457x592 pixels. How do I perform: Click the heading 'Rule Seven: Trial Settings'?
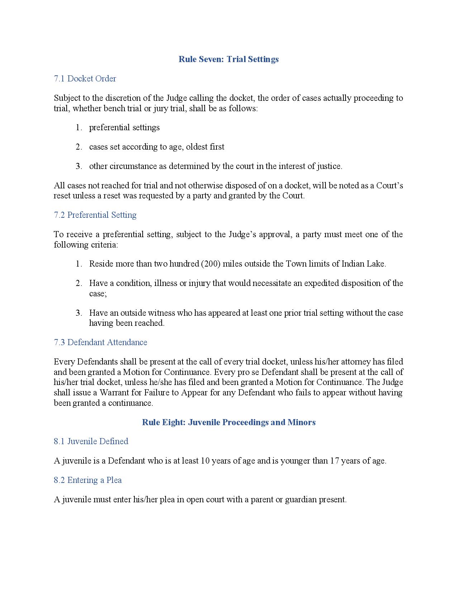tap(228, 59)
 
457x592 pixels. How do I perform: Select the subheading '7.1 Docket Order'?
tap(85, 79)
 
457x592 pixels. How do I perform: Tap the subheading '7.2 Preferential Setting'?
tap(95, 215)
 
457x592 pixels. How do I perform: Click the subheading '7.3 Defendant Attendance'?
tap(100, 342)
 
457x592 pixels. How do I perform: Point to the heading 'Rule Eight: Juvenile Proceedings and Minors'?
tap(229, 422)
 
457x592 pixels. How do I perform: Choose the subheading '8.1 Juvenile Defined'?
tap(91, 441)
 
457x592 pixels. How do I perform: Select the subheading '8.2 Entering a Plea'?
tap(88, 480)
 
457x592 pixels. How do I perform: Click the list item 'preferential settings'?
tap(124, 128)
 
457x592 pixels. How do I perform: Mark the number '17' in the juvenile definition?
tap(334, 461)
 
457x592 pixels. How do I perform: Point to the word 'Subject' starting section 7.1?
tap(67, 98)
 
